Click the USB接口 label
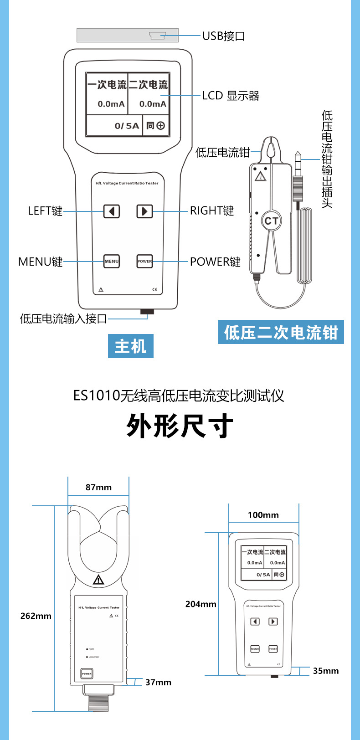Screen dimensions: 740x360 point(224,36)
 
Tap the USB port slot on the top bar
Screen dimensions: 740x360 point(158,36)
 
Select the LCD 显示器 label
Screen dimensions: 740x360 point(231,96)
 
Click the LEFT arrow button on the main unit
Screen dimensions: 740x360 point(112,211)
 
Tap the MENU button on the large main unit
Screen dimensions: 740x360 point(112,261)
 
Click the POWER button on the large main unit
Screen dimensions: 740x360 point(144,261)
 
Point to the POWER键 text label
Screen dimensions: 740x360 point(215,262)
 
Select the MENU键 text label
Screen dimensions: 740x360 point(40,262)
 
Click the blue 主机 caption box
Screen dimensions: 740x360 point(131,346)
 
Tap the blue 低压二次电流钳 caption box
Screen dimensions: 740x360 point(281,332)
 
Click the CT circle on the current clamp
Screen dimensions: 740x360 point(271,221)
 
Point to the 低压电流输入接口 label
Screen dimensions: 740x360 point(63,319)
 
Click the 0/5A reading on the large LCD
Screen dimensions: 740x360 point(127,126)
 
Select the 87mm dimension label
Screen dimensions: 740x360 point(98,487)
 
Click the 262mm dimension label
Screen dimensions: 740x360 point(36,616)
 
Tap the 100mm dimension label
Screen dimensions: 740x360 point(263,515)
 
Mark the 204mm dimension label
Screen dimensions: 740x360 point(201,604)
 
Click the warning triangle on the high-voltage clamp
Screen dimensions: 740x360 point(98,580)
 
